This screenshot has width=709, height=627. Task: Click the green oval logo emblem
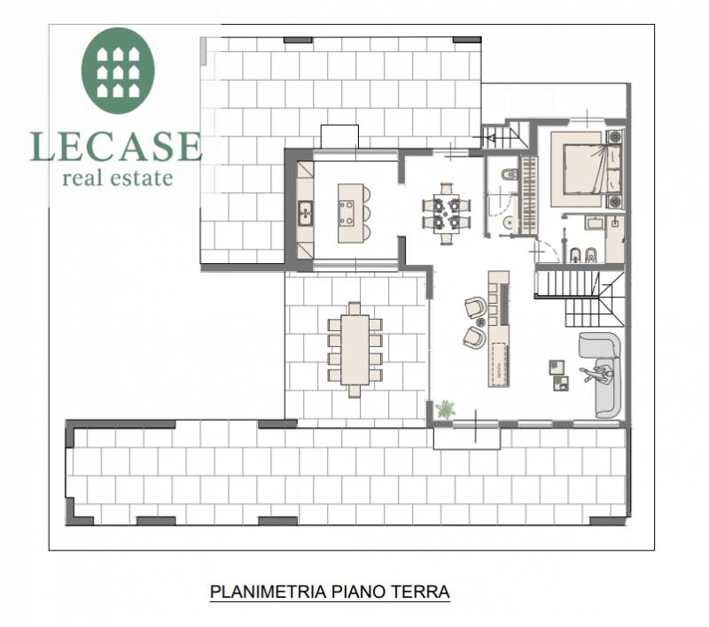118,71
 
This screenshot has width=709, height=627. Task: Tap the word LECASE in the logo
116,146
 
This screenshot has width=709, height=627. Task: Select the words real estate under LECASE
118,178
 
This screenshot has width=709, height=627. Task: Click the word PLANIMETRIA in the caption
269,592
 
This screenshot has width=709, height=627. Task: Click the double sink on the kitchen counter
305,213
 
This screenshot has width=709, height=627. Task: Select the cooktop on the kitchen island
347,213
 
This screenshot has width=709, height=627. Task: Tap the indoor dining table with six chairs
447,213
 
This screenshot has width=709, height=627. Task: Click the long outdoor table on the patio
355,350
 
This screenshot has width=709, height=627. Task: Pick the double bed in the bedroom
586,169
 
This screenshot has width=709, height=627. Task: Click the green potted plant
446,409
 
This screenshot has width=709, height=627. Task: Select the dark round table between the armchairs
480,322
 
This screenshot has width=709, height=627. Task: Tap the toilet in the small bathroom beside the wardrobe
509,174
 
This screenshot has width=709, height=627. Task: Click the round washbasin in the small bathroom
509,222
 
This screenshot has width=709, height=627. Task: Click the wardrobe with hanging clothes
528,196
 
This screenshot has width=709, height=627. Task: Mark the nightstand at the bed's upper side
614,136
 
